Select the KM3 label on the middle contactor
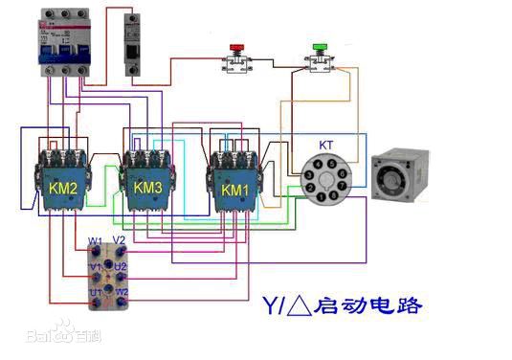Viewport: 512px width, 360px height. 147,188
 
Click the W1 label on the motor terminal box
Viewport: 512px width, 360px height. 96,240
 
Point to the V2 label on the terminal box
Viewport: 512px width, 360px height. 120,239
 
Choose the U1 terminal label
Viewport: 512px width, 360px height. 95,291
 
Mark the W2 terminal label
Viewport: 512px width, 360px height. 122,291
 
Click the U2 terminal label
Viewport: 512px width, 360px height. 122,265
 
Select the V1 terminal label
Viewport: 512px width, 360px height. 95,266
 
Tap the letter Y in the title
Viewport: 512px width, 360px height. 270,307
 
